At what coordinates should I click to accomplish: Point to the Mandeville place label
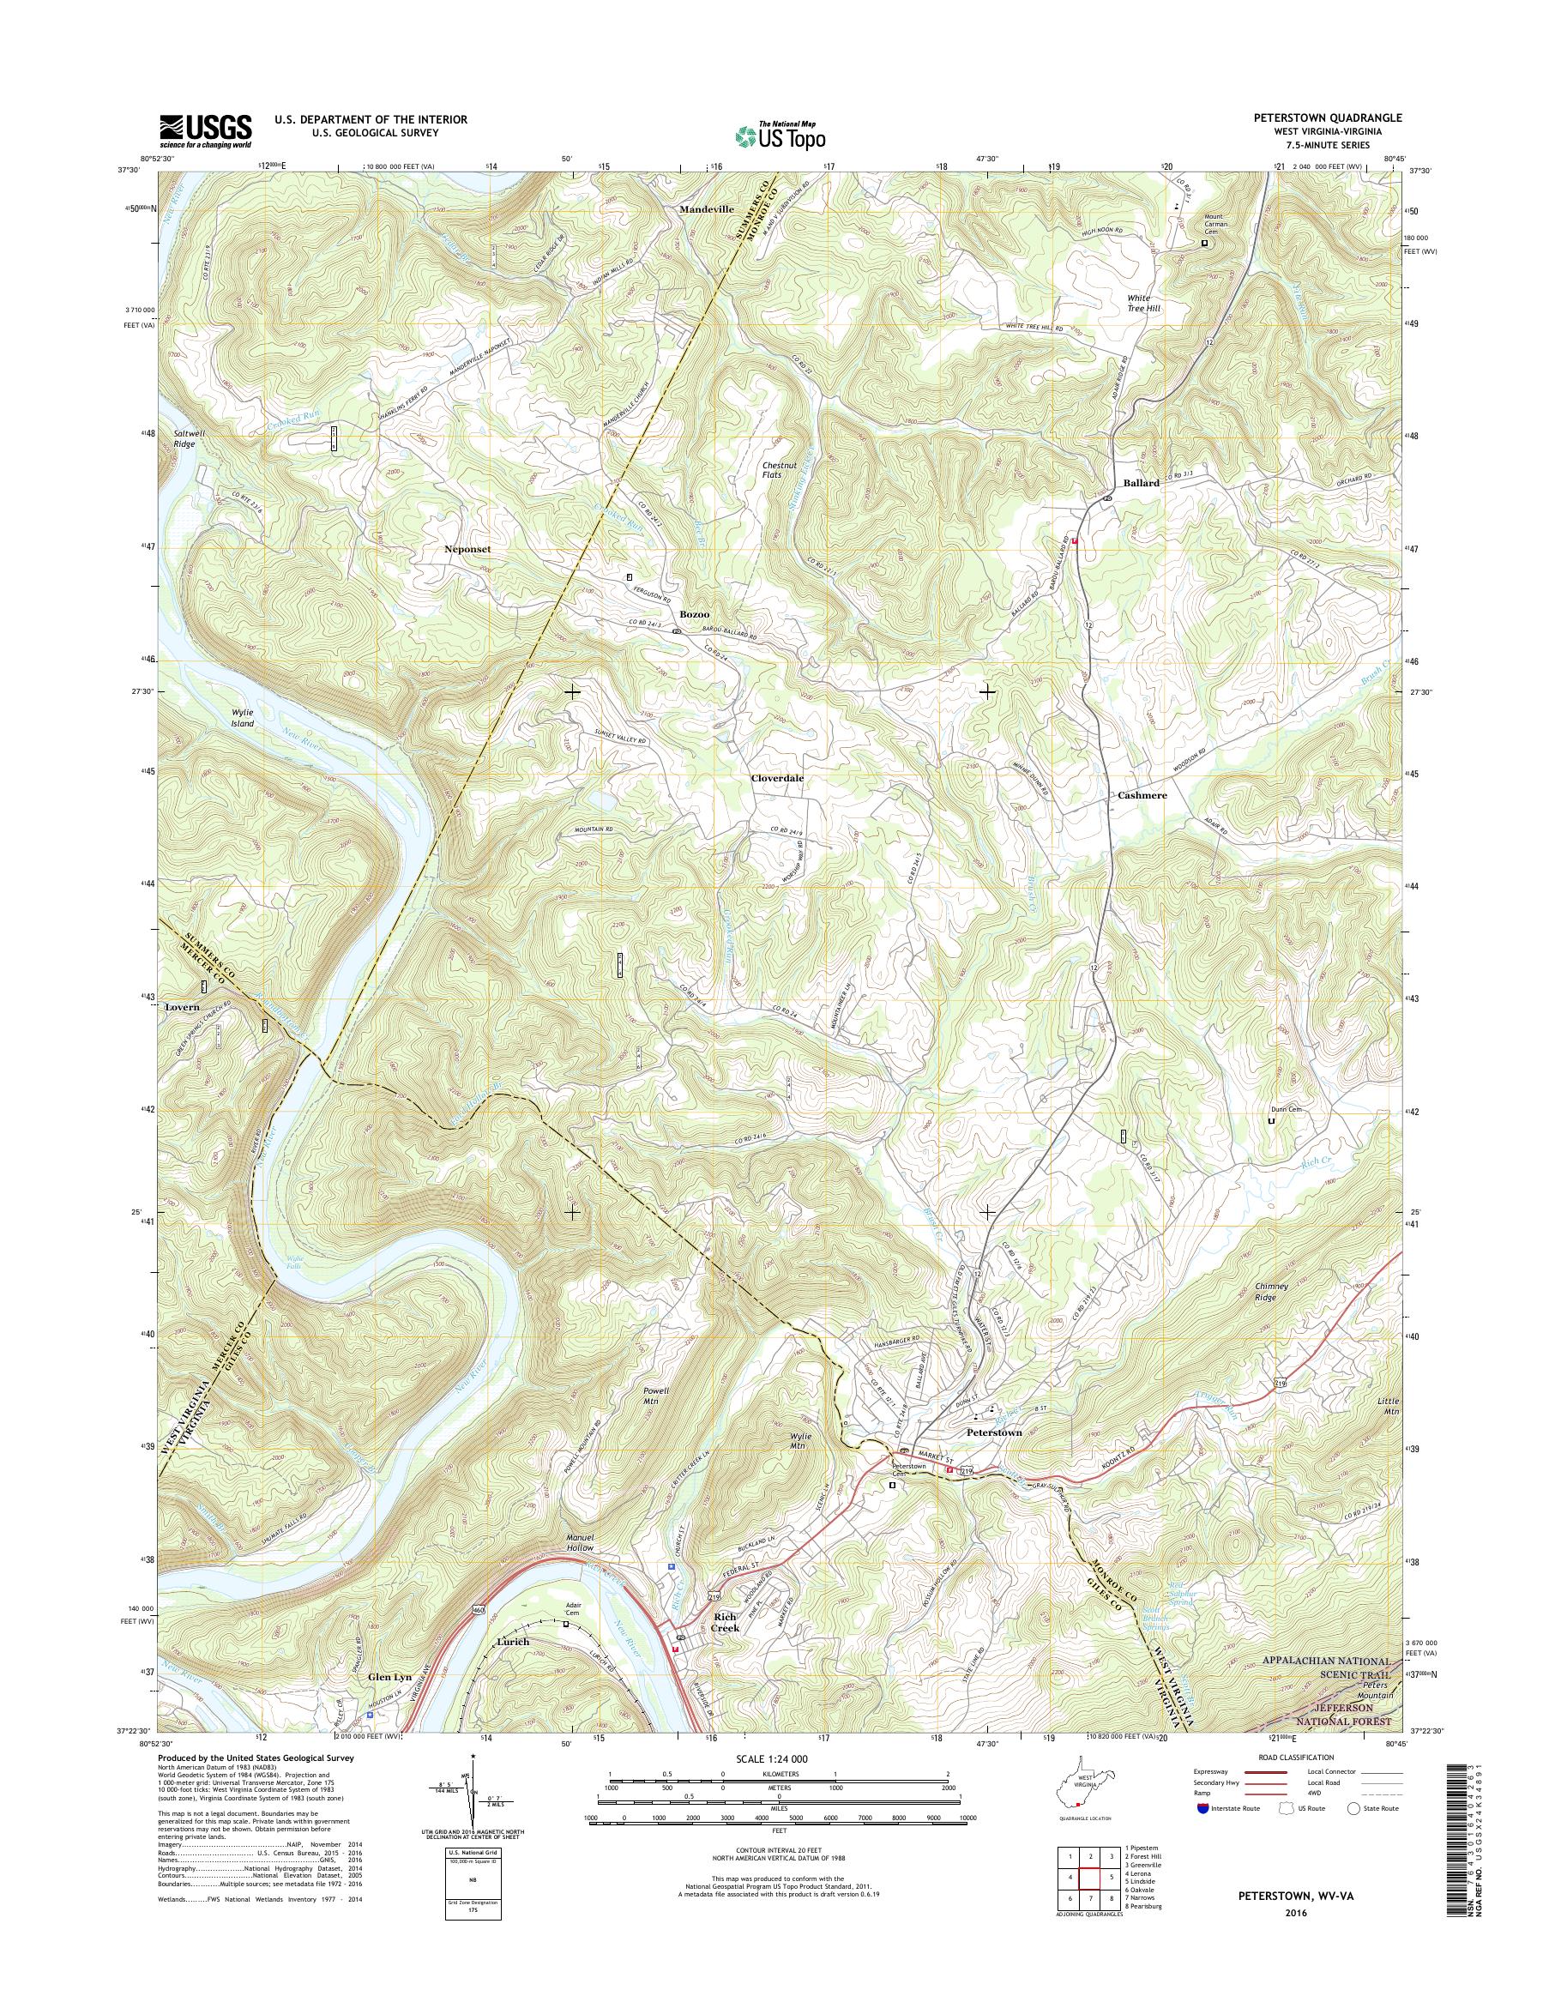[707, 208]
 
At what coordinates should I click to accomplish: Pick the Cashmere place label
[1142, 795]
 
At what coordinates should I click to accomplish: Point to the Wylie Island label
[242, 718]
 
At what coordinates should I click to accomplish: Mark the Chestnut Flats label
[780, 470]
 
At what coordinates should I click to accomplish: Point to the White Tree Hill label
[1144, 304]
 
